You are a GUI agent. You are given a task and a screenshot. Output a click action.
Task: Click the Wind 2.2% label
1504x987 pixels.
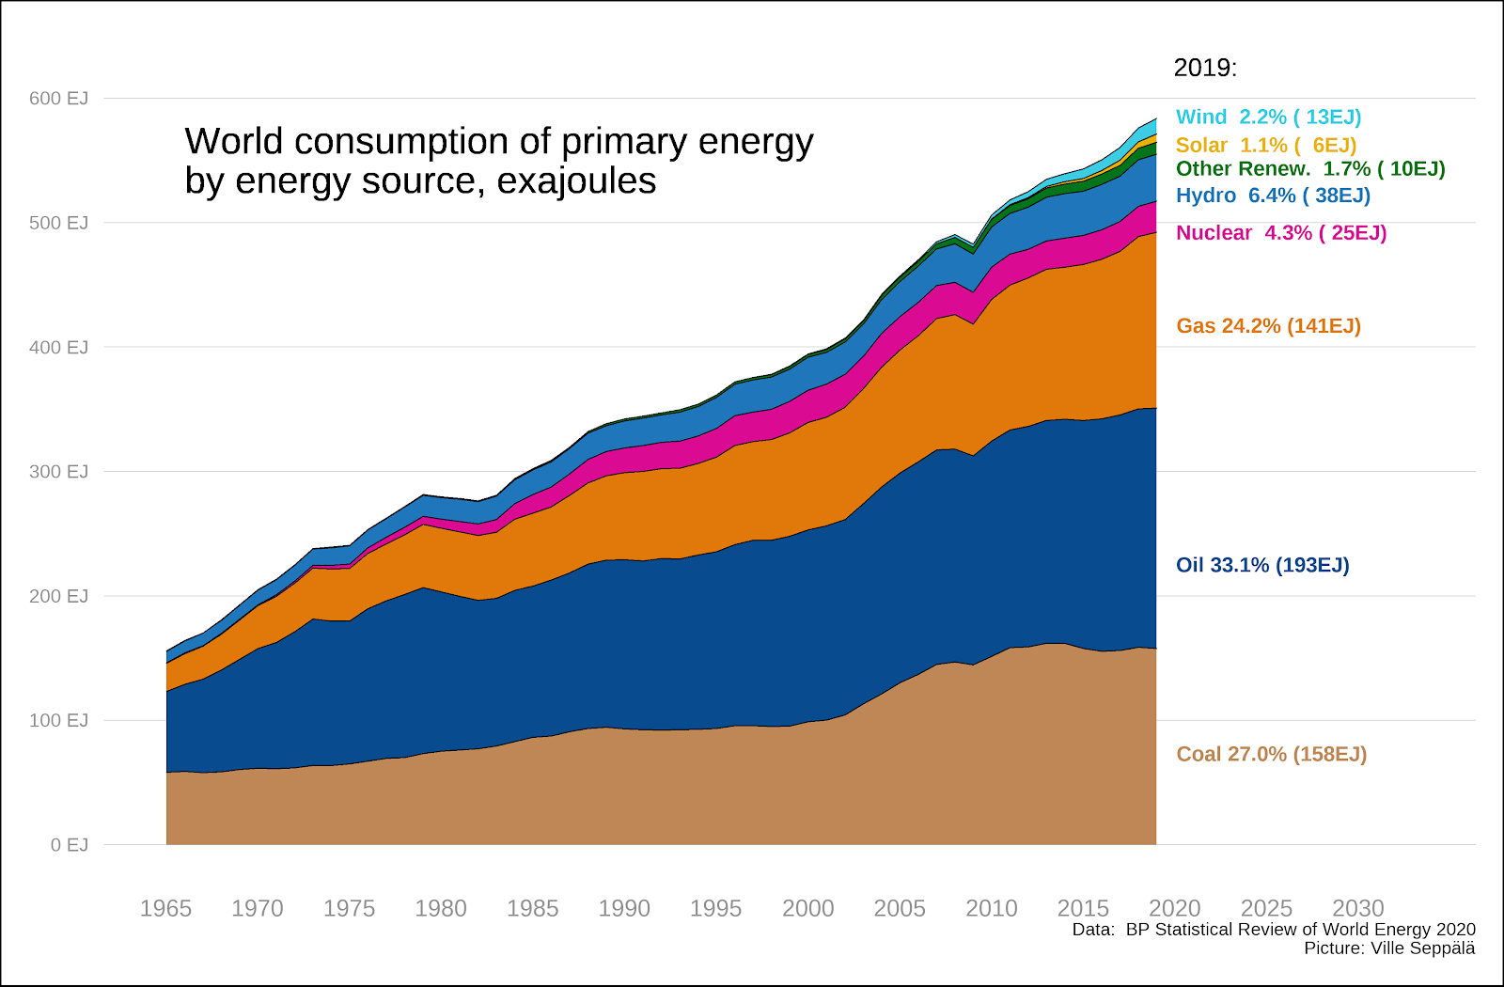[x=1268, y=117]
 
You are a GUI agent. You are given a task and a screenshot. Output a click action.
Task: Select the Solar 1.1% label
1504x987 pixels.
[x=1266, y=146]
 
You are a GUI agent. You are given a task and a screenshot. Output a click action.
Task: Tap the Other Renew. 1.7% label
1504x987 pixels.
[x=1310, y=169]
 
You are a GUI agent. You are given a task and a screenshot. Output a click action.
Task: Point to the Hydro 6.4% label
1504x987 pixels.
[x=1273, y=196]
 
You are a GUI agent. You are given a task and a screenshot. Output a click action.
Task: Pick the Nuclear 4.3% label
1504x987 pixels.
[x=1281, y=233]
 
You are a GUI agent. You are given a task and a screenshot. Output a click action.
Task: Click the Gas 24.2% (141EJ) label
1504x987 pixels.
[x=1268, y=326]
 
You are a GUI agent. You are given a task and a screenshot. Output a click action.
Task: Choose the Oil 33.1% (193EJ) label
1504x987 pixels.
[x=1262, y=565]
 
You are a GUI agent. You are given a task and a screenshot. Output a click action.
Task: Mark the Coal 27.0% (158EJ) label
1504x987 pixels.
[x=1271, y=754]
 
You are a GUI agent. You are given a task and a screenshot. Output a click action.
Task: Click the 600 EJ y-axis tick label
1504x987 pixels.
[x=58, y=99]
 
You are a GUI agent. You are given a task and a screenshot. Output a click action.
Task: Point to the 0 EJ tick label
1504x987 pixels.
[x=70, y=845]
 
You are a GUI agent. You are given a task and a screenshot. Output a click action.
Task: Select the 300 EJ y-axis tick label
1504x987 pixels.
[x=58, y=472]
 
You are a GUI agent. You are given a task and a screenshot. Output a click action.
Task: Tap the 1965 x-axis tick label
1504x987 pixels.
[x=165, y=909]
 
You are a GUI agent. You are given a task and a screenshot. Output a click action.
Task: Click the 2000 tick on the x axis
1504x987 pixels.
[x=808, y=909]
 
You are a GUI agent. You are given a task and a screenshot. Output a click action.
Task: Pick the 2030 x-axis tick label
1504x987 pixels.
[x=1358, y=909]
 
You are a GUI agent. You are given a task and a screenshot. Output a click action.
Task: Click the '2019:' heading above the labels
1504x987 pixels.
[x=1205, y=68]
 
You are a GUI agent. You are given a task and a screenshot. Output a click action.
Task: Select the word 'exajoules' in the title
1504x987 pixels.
[x=576, y=180]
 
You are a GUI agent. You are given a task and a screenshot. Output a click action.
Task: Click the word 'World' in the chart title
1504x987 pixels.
[x=233, y=142]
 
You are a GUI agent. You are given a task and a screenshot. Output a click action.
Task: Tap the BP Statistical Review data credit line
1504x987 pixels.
[x=1274, y=930]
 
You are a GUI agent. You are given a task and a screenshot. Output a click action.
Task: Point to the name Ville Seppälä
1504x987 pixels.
[x=1423, y=948]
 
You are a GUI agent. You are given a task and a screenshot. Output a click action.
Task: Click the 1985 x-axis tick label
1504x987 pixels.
[x=533, y=909]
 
